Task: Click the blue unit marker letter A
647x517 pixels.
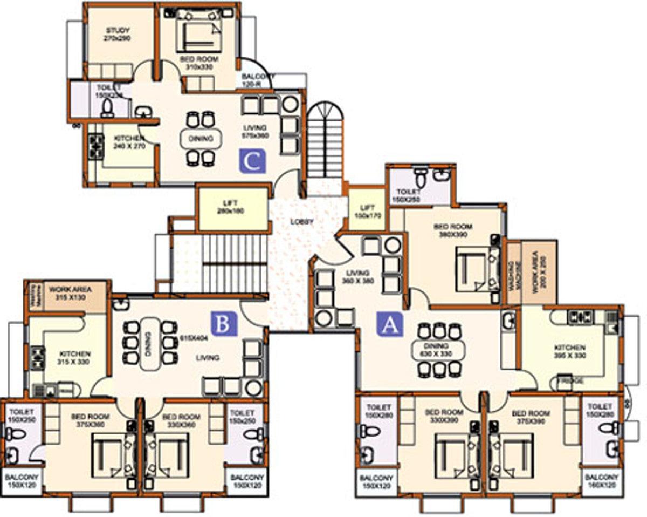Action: (390, 324)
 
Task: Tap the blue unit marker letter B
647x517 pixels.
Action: (224, 324)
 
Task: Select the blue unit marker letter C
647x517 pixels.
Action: (252, 161)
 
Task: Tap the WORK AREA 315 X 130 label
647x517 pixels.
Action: (71, 293)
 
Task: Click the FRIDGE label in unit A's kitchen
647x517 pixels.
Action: (570, 381)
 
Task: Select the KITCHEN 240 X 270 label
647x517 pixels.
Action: (129, 142)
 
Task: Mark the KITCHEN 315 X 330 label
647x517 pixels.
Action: (75, 357)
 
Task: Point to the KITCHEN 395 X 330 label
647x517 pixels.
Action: (569, 351)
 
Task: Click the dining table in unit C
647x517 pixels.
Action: (201, 139)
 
